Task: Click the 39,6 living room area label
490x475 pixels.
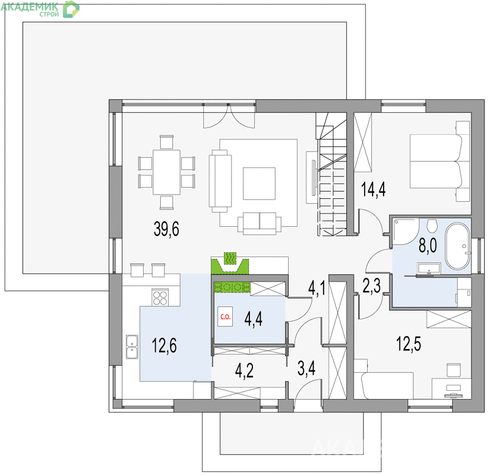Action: click(166, 229)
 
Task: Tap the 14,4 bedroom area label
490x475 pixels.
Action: click(373, 189)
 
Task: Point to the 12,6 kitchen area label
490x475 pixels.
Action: click(164, 346)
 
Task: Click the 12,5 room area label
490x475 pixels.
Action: click(409, 344)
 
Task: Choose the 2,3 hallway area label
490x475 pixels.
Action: click(372, 286)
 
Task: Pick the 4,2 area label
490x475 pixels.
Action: click(244, 371)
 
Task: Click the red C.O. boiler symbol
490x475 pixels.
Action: click(225, 316)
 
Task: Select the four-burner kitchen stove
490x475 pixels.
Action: click(160, 297)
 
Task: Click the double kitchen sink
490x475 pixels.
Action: click(132, 347)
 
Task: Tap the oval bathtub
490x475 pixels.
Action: click(457, 246)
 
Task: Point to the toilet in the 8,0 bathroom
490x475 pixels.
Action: click(432, 226)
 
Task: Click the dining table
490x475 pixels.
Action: click(166, 172)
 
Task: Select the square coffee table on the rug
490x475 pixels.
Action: click(259, 183)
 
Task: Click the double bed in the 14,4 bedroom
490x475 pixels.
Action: click(440, 161)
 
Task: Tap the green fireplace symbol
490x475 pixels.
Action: click(230, 263)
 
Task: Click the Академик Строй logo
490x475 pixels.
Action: click(40, 9)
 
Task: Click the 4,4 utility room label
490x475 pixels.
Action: click(253, 319)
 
